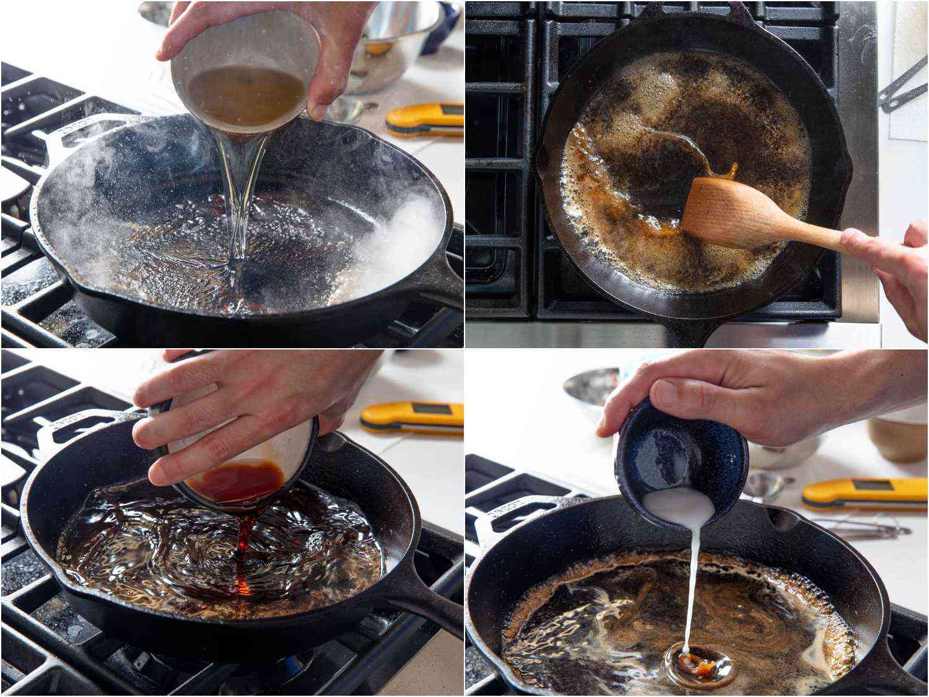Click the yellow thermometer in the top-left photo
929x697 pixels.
426,120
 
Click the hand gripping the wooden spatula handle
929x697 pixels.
892,266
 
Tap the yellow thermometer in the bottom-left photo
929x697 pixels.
412,417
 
